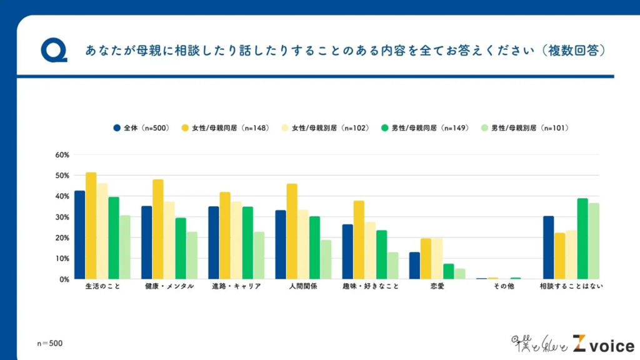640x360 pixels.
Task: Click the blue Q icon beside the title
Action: point(54,51)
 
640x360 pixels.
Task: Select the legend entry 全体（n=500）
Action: point(141,128)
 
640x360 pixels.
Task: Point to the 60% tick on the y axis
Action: point(62,155)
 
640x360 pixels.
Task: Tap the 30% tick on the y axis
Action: point(62,217)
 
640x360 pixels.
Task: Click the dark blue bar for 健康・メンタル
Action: point(147,242)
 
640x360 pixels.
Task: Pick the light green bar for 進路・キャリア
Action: point(259,255)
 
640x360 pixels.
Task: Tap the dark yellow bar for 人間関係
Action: point(292,231)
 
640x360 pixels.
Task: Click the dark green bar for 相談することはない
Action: point(582,238)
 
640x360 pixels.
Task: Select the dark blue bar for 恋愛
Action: point(414,266)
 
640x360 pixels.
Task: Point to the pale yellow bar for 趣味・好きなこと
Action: point(370,250)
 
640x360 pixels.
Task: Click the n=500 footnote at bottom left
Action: point(50,343)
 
